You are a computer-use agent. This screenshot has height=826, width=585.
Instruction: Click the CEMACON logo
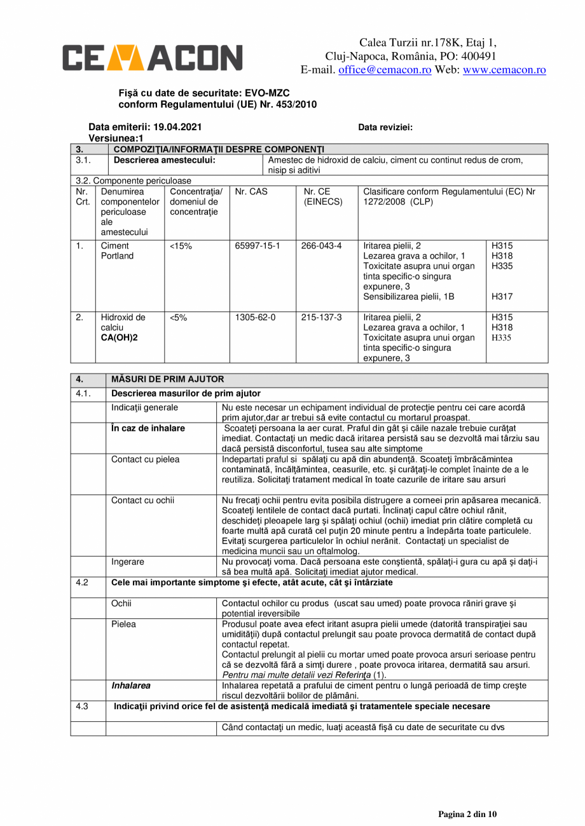(x=152, y=58)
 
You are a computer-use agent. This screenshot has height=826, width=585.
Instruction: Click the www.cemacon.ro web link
(x=504, y=70)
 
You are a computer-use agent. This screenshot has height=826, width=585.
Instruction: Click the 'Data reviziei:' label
(x=385, y=127)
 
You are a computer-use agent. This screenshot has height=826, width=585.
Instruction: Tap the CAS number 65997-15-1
(x=258, y=245)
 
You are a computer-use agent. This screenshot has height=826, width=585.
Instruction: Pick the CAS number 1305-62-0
(x=255, y=317)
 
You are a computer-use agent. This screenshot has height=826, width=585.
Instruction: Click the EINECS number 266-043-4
(x=321, y=245)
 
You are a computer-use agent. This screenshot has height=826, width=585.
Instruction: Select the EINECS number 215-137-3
(x=321, y=317)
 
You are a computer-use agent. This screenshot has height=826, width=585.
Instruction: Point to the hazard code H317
(x=502, y=297)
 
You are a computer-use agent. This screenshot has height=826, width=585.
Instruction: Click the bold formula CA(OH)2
(x=119, y=337)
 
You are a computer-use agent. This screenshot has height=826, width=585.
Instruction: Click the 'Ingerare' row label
(x=128, y=562)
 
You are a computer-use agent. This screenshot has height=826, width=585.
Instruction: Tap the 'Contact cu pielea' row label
(x=145, y=459)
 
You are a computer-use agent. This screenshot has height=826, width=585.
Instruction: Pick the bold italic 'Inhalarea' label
(x=131, y=686)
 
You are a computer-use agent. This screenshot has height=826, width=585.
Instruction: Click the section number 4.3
(x=82, y=706)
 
